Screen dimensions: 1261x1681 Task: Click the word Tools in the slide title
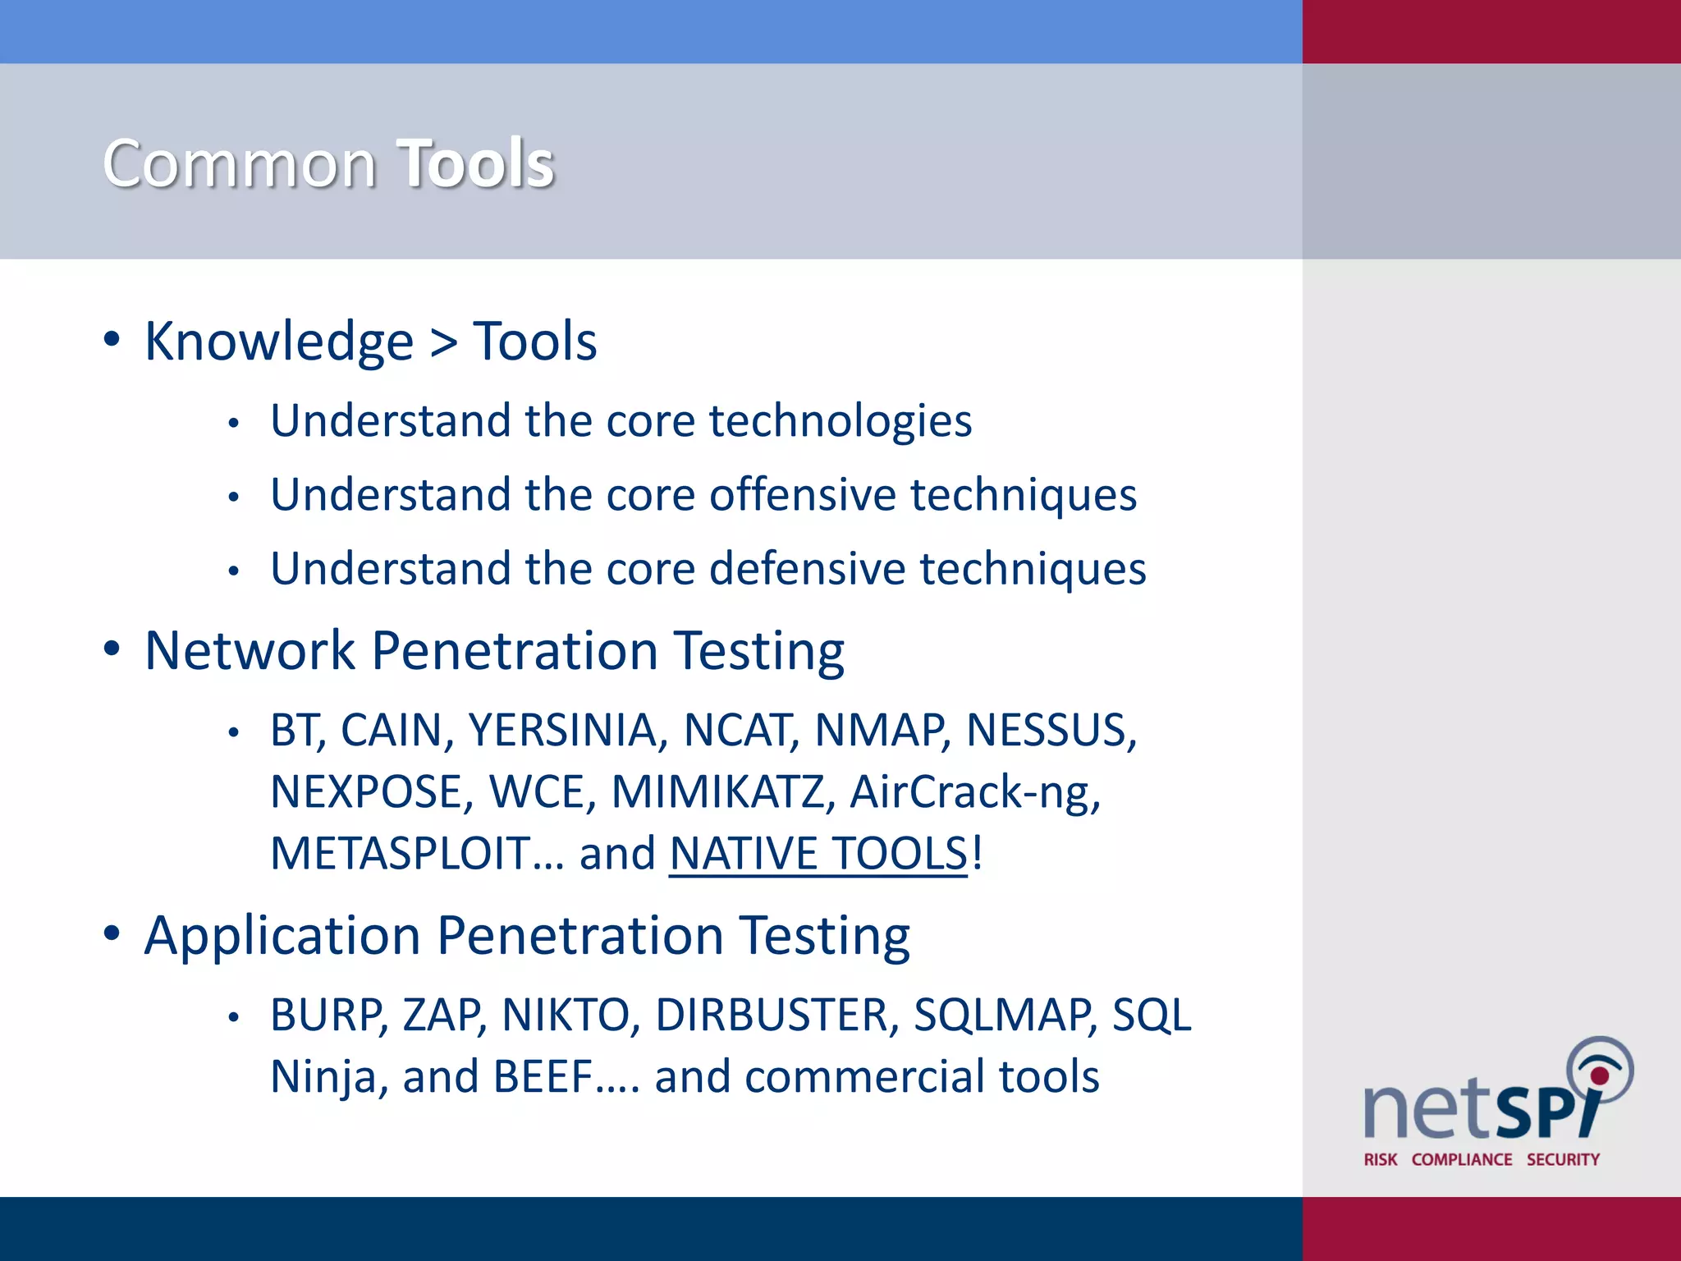(476, 163)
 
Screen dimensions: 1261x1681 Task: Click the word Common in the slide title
(240, 163)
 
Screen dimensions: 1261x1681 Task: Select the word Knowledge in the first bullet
(279, 342)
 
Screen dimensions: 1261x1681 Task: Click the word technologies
(840, 422)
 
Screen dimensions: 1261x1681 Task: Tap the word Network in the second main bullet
(250, 651)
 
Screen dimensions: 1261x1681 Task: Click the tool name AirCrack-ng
(974, 792)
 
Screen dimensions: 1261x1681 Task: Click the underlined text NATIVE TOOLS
(818, 854)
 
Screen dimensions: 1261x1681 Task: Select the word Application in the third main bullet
(282, 936)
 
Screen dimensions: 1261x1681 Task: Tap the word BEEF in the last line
(543, 1077)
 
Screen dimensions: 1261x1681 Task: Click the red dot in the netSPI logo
(1600, 1075)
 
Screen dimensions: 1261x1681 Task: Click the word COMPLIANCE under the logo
(1462, 1159)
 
